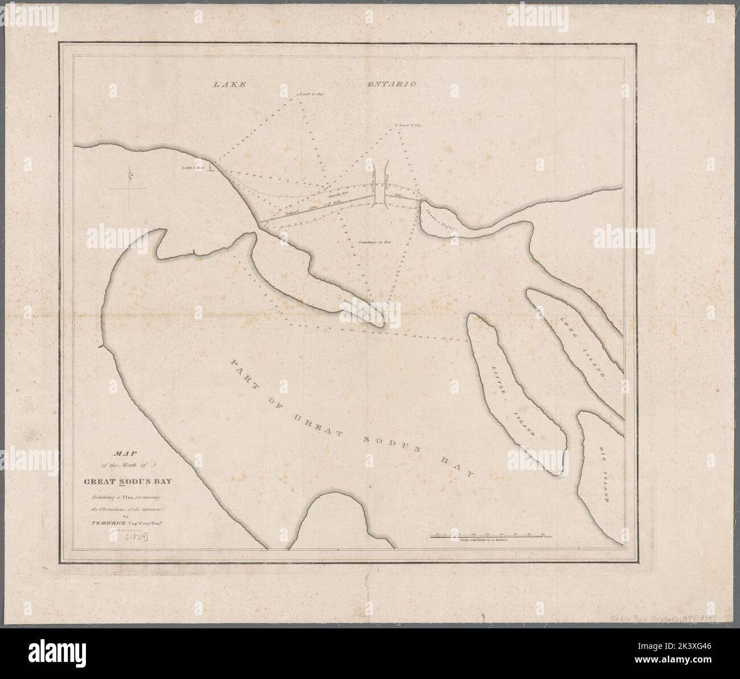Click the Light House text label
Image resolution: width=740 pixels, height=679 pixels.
click(193, 168)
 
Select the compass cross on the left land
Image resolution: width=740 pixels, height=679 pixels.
click(129, 188)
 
